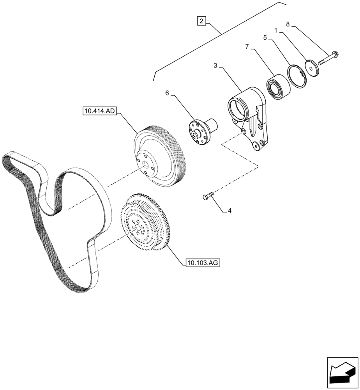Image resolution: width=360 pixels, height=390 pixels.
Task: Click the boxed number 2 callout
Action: click(x=201, y=21)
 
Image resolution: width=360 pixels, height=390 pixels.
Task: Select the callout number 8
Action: click(x=288, y=24)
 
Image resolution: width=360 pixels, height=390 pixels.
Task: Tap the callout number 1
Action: click(x=275, y=30)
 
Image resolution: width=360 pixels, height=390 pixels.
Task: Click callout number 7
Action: click(x=247, y=47)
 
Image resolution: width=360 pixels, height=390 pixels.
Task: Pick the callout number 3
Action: click(x=215, y=66)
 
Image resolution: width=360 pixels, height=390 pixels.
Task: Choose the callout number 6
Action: click(x=167, y=93)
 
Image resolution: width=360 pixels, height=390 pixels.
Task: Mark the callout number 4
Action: click(x=229, y=211)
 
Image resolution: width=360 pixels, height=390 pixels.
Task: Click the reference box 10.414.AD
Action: click(x=99, y=111)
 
